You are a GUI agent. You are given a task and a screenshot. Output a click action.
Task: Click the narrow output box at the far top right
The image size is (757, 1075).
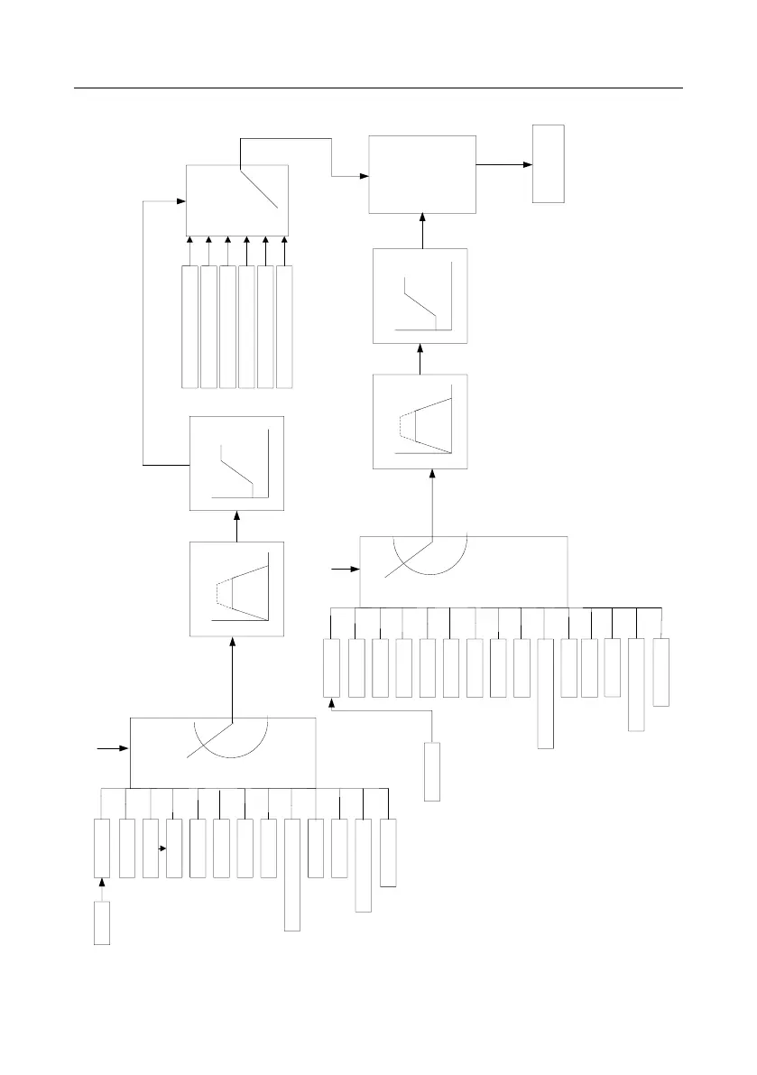point(548,163)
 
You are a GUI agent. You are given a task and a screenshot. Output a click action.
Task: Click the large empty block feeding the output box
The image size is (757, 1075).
point(422,174)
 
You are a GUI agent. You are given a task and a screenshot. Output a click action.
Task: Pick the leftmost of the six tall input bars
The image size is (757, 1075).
point(189,327)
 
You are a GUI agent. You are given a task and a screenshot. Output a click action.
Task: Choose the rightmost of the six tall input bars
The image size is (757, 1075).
point(285,327)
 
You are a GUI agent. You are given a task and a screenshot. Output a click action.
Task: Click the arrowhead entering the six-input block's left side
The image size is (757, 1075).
point(181,201)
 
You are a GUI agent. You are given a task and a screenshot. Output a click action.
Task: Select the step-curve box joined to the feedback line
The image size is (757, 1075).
point(236,463)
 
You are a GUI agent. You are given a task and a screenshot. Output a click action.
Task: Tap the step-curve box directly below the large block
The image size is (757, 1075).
point(420,296)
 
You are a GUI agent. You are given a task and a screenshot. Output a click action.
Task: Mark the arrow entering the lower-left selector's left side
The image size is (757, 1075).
point(120,749)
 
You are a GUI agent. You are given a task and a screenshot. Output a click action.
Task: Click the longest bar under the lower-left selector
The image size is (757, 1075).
point(292,875)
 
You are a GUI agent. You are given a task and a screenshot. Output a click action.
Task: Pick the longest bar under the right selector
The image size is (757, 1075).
point(545,693)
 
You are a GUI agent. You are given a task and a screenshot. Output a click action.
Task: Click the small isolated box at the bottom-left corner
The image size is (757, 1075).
point(102,922)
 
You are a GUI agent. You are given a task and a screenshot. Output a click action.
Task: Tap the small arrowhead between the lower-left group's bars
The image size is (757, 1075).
point(163,848)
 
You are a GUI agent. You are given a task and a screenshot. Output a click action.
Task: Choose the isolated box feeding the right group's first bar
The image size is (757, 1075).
point(432,771)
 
